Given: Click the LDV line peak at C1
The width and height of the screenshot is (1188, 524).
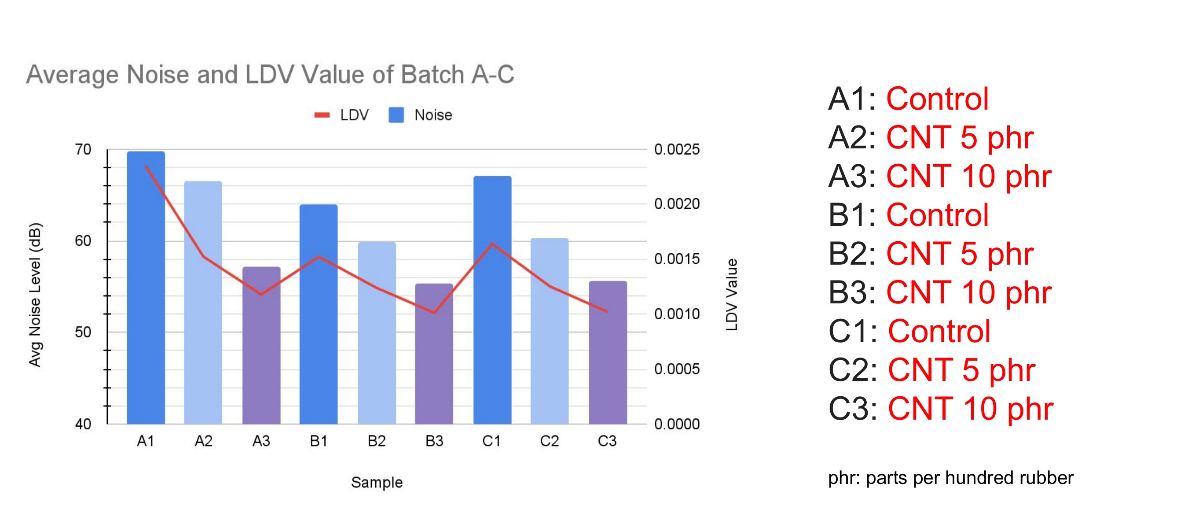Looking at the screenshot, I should tap(492, 244).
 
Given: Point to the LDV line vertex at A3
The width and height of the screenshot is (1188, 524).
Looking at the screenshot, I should tap(261, 294).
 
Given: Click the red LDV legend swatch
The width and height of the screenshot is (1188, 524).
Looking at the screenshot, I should tap(322, 115).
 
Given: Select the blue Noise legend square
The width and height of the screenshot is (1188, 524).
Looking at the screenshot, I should tap(396, 115).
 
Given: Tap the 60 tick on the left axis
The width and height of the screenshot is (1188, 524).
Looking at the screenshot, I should tap(83, 240).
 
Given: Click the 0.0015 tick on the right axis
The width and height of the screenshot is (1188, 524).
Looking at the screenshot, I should tap(677, 259).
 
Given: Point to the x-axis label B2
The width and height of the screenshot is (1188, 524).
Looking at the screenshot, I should tap(376, 441).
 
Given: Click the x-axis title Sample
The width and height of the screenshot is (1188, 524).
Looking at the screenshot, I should tap(376, 482).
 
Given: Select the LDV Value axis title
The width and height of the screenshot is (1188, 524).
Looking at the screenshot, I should tap(731, 295).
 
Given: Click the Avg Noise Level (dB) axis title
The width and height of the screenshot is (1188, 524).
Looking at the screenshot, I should tap(35, 295).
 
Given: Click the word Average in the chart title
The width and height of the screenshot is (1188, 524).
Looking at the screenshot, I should tap(72, 74).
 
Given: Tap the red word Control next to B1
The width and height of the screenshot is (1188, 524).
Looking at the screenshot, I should tap(937, 215).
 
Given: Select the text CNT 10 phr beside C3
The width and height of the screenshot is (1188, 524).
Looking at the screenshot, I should tap(970, 409).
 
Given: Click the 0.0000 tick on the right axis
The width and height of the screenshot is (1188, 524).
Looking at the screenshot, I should tap(677, 424).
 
